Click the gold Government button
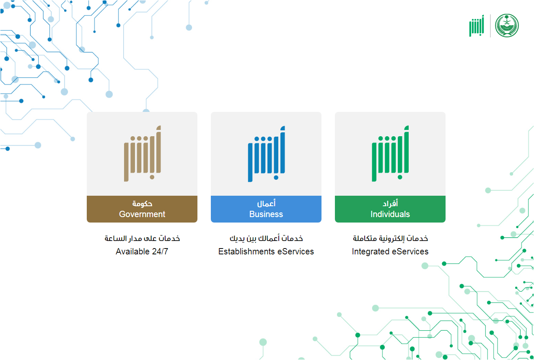click(142, 209)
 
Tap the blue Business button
click(266, 209)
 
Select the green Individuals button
click(390, 209)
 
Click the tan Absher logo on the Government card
click(143, 153)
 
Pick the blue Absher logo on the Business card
click(266, 154)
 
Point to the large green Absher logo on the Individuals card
click(390, 153)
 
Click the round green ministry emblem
click(507, 26)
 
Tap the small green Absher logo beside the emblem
click(477, 26)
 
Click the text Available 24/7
click(142, 251)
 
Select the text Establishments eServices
click(266, 251)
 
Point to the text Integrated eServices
click(390, 251)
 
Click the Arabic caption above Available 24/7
click(142, 238)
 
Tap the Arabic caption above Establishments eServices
click(266, 238)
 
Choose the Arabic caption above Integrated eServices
click(390, 238)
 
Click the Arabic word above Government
click(143, 204)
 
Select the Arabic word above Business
click(266, 203)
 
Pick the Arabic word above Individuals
click(390, 203)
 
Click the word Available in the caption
click(132, 251)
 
